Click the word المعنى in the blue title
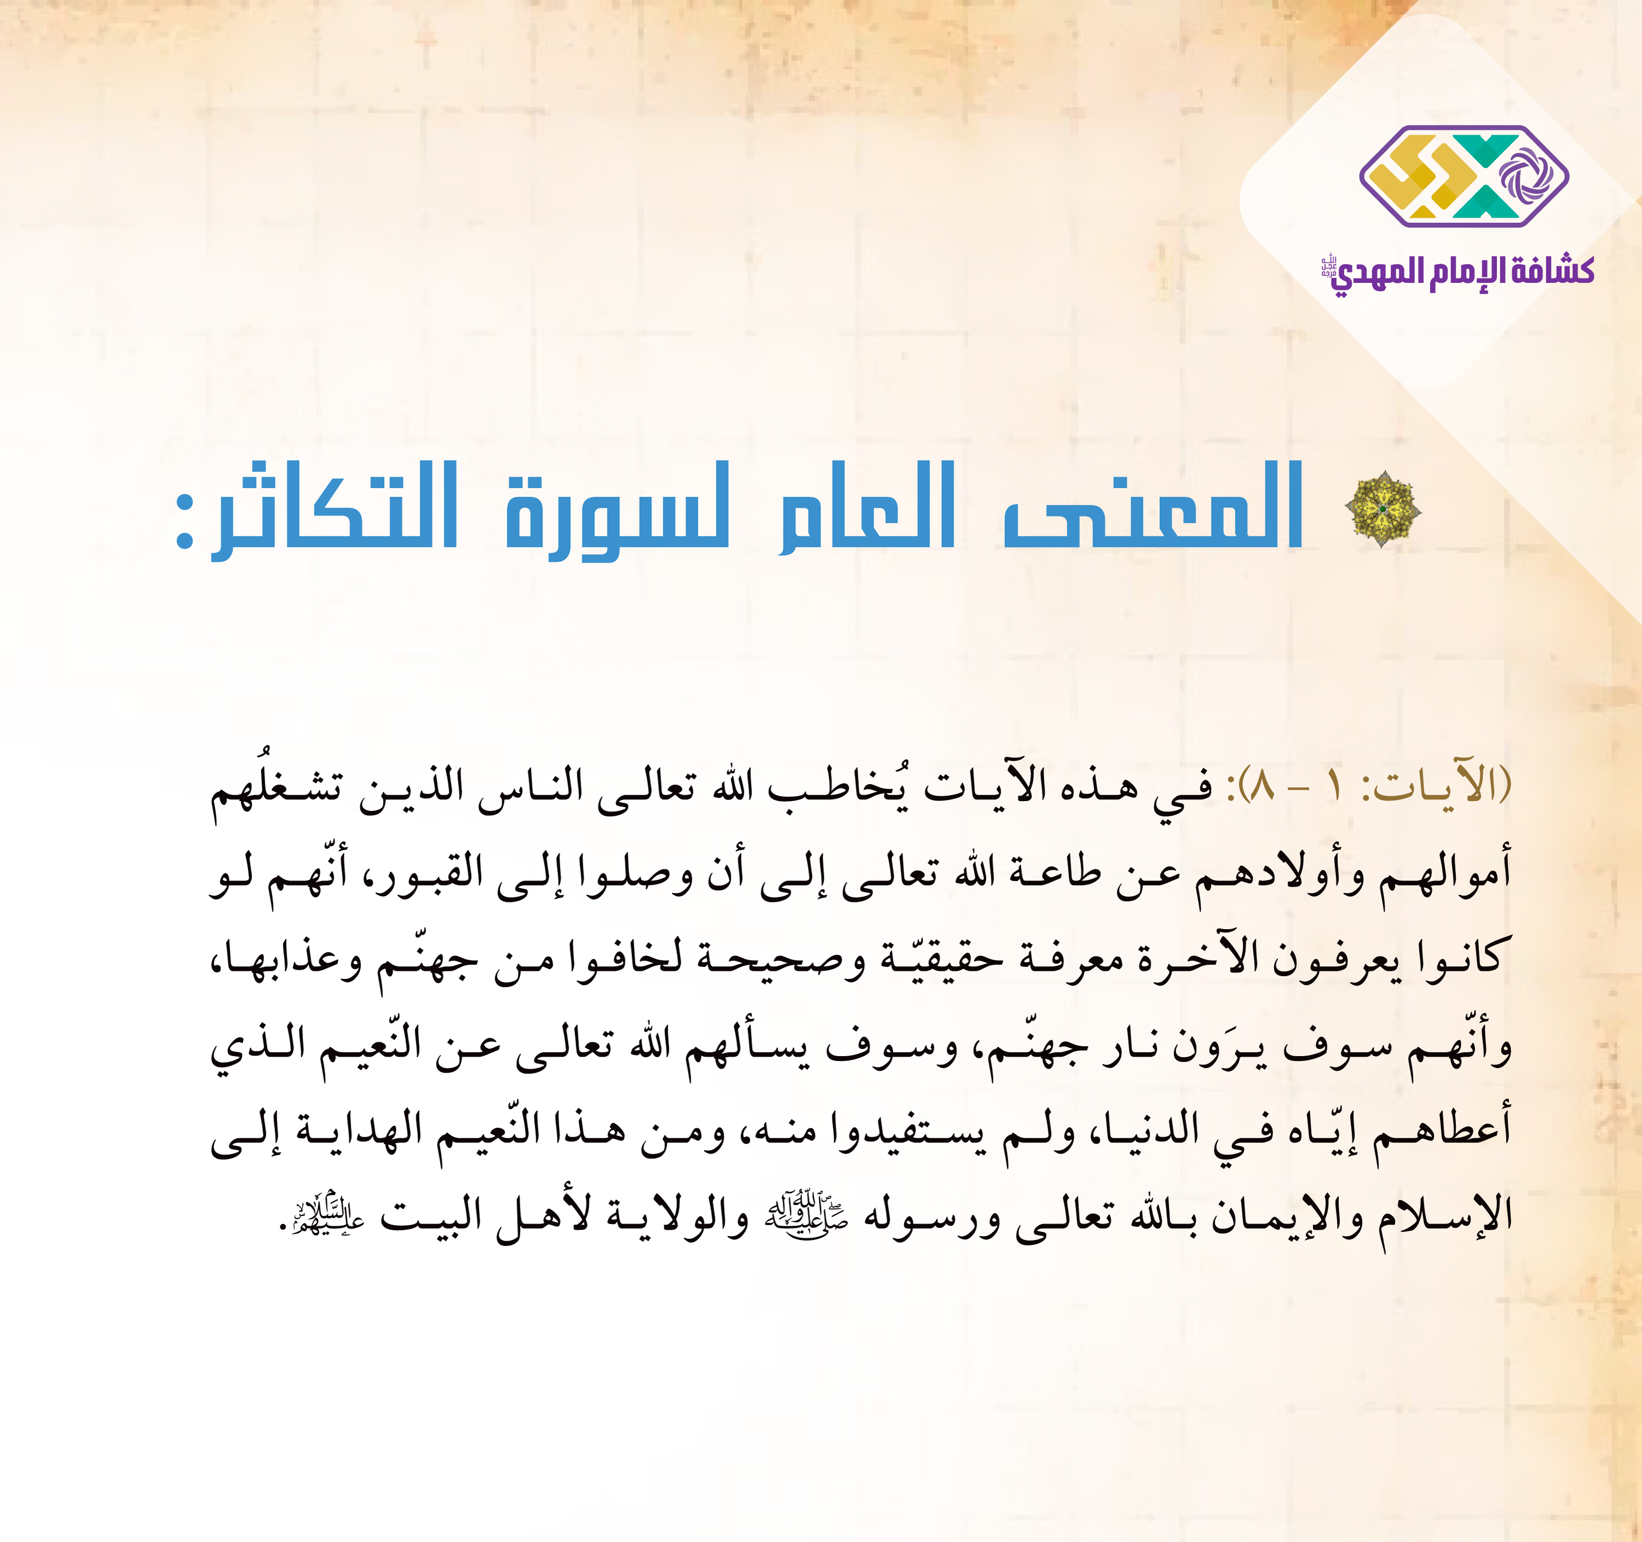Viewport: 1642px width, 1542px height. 1154,506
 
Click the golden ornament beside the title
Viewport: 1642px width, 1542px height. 1384,508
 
